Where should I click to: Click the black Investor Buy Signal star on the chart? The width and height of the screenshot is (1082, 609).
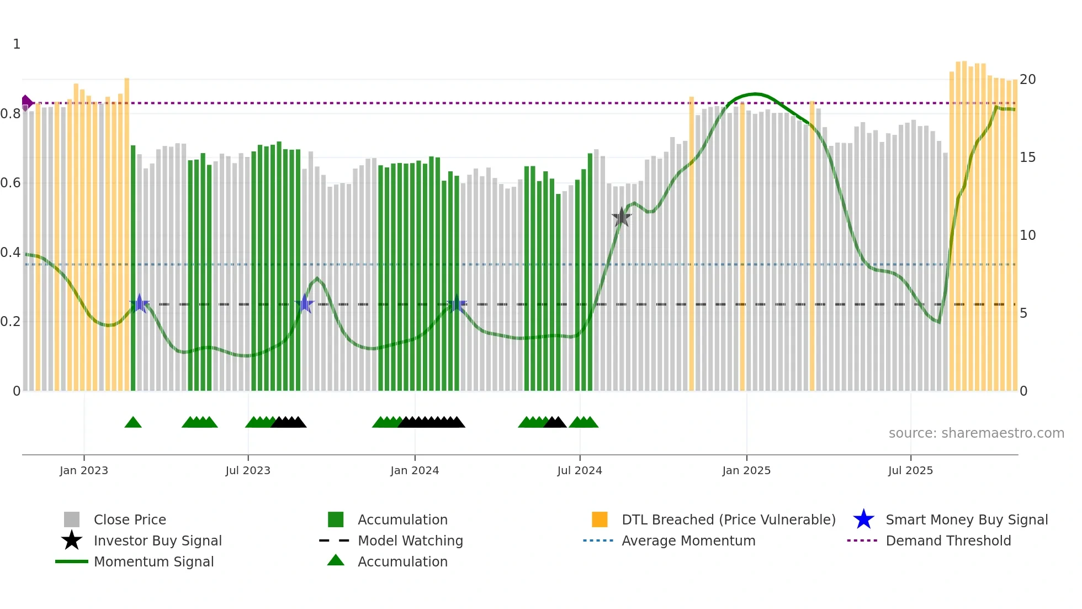coord(622,217)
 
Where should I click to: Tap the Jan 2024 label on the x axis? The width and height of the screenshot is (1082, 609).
coord(415,470)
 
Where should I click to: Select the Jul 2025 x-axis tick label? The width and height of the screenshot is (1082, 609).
coord(910,470)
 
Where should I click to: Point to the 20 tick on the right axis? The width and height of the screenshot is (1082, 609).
coord(1027,80)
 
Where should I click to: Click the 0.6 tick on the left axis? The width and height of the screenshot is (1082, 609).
coord(10,183)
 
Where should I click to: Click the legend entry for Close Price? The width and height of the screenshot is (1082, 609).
coord(130,519)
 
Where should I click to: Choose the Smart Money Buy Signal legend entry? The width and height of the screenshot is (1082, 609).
coord(966,519)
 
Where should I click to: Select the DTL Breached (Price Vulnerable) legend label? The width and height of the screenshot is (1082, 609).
coord(728,519)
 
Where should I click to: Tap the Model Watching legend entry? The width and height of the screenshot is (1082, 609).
coord(410,540)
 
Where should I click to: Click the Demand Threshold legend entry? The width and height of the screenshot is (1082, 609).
coord(948,540)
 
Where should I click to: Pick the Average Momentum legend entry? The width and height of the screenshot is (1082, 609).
coord(688,540)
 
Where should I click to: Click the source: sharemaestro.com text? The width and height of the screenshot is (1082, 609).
coord(976,433)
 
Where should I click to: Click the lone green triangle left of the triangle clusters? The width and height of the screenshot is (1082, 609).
coord(133,423)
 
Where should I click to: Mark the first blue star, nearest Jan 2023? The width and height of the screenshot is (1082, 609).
coord(140,303)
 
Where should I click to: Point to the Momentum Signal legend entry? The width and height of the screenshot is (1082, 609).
coord(153,561)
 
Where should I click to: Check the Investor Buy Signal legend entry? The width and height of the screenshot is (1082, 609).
coord(157,540)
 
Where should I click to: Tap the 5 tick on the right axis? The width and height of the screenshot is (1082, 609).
coord(1023,313)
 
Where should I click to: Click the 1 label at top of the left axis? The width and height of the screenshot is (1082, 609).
coord(17,44)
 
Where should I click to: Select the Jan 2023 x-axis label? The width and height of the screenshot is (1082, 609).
coord(84,470)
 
